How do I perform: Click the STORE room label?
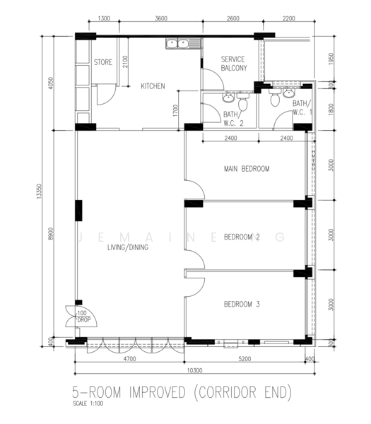[x=103, y=62]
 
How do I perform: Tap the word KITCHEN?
[x=153, y=86]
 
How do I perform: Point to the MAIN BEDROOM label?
[x=246, y=169]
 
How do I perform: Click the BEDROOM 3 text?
[x=242, y=304]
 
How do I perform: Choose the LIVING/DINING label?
[x=127, y=248]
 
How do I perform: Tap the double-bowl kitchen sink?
[x=181, y=45]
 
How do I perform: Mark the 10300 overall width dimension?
[x=194, y=370]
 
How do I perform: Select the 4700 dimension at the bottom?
[x=129, y=358]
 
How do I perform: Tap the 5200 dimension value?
[x=245, y=358]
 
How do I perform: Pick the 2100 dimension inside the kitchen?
[x=125, y=64]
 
